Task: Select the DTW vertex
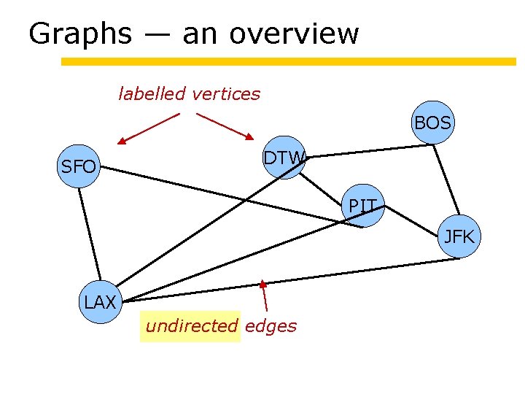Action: pos(284,158)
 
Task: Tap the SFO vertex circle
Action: pos(78,167)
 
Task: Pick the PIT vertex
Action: pos(362,206)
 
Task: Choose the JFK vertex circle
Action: pos(460,236)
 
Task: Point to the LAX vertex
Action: pos(101,301)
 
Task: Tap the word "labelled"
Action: pos(152,94)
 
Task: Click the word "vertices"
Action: pos(225,94)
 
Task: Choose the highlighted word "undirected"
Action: pos(191,326)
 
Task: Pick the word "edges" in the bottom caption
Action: pos(271,326)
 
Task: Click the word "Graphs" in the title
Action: pos(81,34)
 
